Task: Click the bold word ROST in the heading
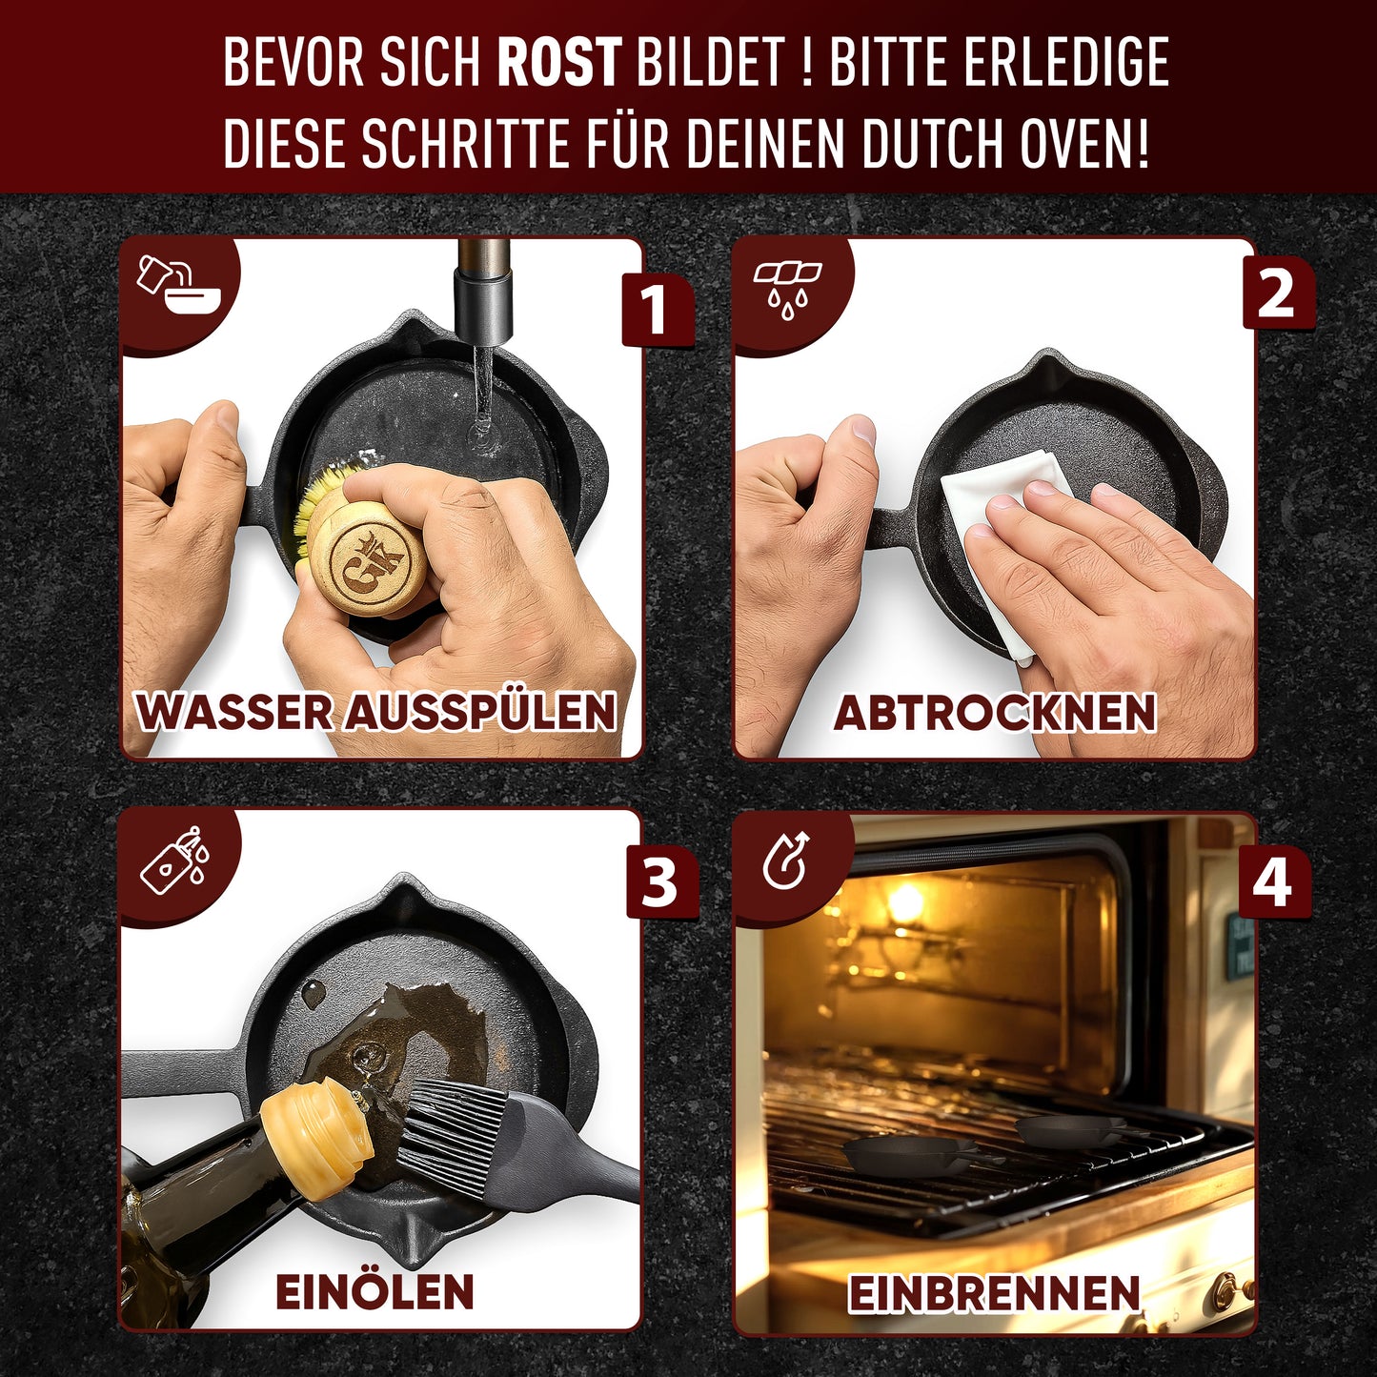559,63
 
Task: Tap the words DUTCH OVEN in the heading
1004,144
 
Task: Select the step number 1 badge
655,309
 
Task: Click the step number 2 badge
1277,294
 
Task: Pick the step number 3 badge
659,882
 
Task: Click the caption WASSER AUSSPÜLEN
376,712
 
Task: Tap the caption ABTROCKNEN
995,713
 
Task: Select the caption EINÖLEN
375,1292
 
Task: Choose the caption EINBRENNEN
994,1293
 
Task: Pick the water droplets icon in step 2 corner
787,289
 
